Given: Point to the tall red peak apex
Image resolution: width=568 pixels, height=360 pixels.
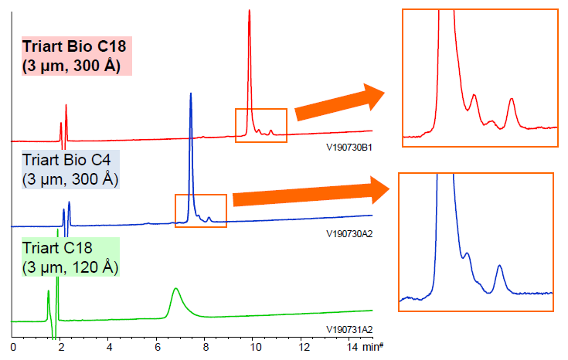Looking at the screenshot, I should [249, 12].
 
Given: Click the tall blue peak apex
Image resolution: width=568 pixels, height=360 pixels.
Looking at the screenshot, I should [191, 94].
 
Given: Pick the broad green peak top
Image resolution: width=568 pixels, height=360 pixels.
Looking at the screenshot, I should [175, 289].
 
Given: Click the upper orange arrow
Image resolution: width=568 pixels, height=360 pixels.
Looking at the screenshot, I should [339, 104].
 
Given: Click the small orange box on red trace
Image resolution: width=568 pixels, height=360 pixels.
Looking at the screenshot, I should [261, 124].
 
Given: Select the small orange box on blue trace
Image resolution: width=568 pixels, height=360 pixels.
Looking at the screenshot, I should [201, 209].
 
